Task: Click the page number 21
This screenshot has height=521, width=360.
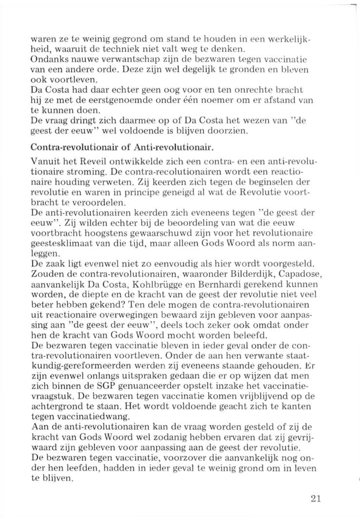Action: click(x=315, y=498)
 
